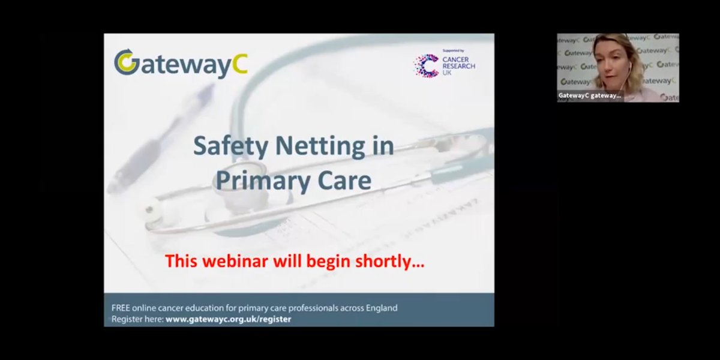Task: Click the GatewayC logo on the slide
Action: (181, 64)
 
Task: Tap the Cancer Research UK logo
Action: (445, 65)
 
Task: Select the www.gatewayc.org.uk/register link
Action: (228, 319)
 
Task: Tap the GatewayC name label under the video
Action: (589, 95)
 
